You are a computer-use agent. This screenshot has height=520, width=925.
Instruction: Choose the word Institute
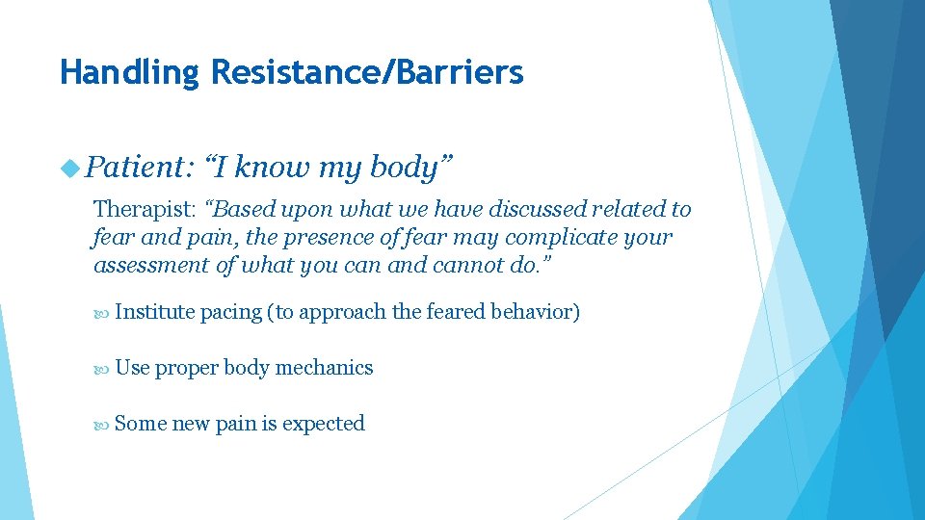click(x=154, y=312)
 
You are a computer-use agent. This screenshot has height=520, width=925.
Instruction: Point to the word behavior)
click(x=535, y=312)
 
